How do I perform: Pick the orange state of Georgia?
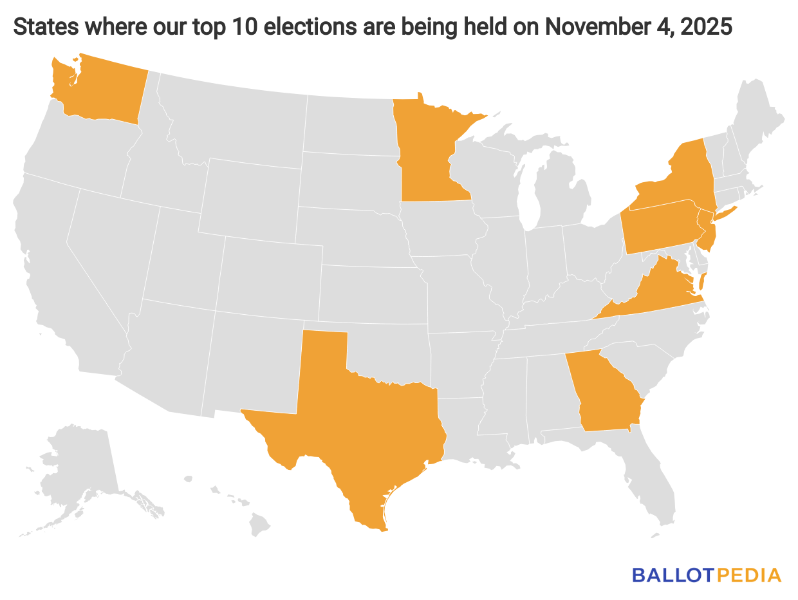tap(605, 393)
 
